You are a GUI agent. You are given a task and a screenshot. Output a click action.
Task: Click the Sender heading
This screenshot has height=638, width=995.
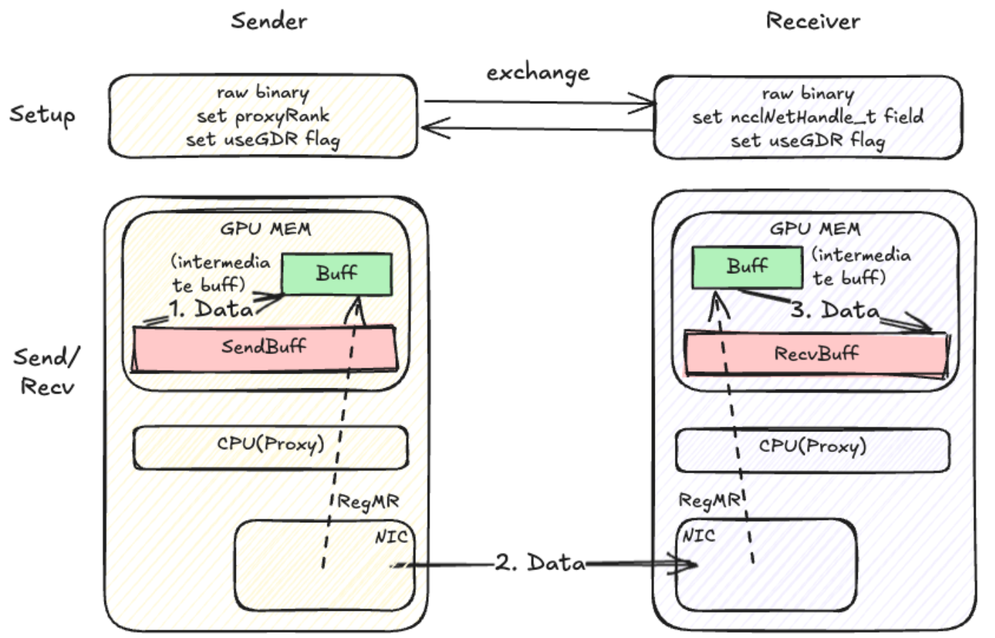[x=269, y=20]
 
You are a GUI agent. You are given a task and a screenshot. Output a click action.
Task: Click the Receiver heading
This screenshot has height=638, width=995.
[x=813, y=20]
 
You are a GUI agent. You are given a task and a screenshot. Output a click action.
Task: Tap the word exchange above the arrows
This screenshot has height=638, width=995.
[x=538, y=72]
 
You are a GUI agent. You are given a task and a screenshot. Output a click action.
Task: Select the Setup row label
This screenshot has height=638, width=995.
[x=42, y=115]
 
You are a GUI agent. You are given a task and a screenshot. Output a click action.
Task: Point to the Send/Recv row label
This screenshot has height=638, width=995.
[x=47, y=371]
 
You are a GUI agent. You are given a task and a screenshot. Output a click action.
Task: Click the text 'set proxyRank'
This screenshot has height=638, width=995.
[x=262, y=116]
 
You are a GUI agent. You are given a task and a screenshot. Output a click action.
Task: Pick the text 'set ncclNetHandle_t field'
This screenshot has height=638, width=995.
[x=808, y=117]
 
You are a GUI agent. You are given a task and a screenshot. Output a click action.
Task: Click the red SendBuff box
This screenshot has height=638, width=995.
[x=264, y=348]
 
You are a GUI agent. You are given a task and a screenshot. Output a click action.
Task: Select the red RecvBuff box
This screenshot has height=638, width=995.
[x=816, y=353]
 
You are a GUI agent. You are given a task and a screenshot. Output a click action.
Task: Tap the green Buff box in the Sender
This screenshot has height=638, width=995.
[x=337, y=274]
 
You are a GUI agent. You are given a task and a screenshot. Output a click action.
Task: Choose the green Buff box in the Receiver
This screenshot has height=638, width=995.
[x=747, y=267]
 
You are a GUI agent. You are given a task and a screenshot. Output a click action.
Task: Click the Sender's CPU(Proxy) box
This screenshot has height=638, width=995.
[x=270, y=447]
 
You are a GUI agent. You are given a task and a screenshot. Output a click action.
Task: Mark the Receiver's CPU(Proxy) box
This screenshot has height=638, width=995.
[x=813, y=449]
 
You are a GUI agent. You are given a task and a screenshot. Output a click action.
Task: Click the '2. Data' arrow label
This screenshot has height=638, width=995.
[x=541, y=564]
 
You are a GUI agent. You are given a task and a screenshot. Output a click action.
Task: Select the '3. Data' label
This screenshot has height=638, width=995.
[x=835, y=310]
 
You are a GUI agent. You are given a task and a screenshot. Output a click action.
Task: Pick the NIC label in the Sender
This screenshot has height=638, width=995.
[x=390, y=536]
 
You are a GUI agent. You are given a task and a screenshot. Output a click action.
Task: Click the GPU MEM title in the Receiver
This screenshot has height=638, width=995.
[x=815, y=229]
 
